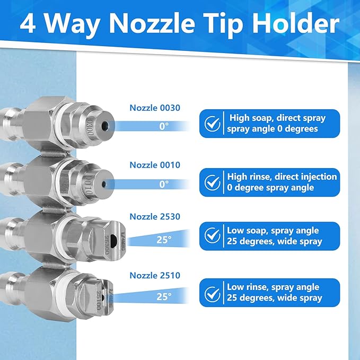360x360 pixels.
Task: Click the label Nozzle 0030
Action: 155,108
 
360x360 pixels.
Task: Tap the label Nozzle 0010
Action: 155,165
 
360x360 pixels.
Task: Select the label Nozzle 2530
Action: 155,216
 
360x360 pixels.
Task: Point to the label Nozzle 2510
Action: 155,275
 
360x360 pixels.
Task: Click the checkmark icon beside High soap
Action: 213,124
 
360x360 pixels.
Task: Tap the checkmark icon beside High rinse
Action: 213,182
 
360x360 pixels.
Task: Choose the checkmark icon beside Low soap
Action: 213,235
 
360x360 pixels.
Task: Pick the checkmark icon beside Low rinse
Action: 213,293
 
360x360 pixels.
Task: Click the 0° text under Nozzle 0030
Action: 164,126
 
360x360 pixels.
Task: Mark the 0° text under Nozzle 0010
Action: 164,184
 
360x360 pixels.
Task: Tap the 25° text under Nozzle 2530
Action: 164,239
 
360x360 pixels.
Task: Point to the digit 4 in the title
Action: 29,24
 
